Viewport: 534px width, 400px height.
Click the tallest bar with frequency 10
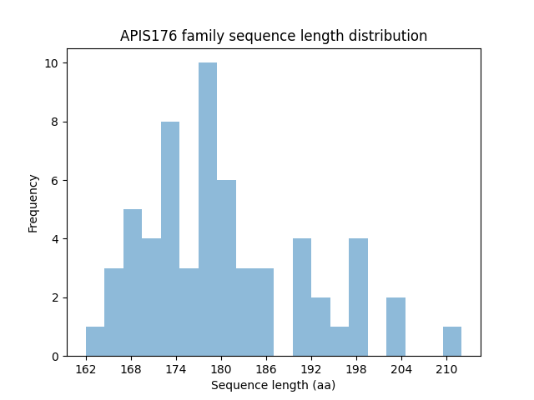tap(208, 209)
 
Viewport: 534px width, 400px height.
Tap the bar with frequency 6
tap(226, 267)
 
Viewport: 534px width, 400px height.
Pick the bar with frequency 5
tap(133, 282)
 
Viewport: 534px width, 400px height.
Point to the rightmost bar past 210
tap(452, 341)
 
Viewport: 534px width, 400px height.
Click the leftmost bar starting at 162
tap(95, 341)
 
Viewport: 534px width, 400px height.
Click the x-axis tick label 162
tap(86, 369)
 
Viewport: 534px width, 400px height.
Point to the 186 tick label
tap(266, 369)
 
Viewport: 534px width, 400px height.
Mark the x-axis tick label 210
tap(446, 369)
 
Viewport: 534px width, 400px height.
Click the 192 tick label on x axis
tap(311, 369)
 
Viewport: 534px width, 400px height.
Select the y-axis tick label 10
tap(52, 63)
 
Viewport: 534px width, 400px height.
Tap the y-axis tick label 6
tap(55, 181)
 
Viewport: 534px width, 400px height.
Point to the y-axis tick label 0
tap(55, 357)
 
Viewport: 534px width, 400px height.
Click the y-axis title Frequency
tap(33, 202)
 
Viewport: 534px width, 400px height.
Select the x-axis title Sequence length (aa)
tap(273, 385)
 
